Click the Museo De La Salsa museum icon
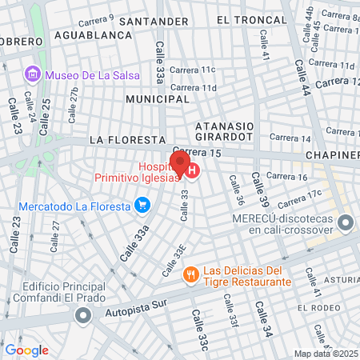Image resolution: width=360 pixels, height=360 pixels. click(x=33, y=75)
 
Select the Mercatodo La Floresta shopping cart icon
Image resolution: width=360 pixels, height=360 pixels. click(x=142, y=206)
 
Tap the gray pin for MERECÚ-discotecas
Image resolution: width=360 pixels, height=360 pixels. click(x=345, y=222)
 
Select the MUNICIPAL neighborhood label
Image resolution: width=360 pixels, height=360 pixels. click(x=158, y=99)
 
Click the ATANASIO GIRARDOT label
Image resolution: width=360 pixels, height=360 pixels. click(x=225, y=131)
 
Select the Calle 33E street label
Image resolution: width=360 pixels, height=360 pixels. click(x=174, y=261)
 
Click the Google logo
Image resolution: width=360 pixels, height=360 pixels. click(x=26, y=350)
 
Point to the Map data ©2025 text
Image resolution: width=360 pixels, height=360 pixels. click(x=326, y=354)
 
